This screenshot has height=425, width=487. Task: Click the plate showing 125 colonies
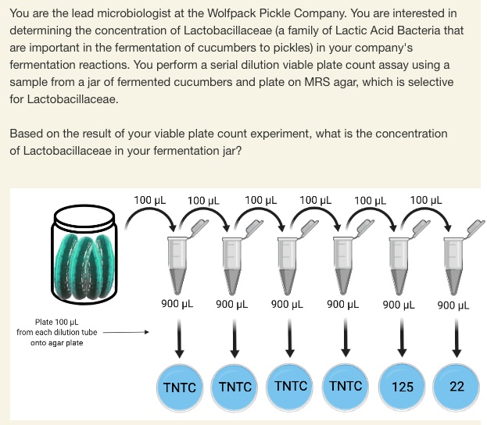tap(403, 386)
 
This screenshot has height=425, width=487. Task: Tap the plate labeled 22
tap(457, 386)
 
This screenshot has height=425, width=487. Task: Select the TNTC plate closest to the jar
tap(180, 386)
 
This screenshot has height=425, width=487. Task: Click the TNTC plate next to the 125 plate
tap(346, 386)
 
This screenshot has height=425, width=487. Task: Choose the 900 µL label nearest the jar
tap(177, 303)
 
